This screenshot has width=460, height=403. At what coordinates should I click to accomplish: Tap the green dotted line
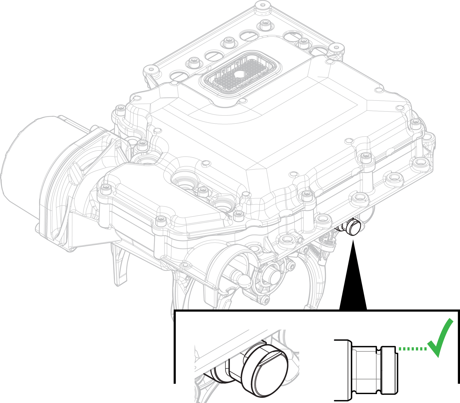(x=412, y=349)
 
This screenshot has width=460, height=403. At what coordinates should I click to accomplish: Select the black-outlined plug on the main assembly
(x=353, y=227)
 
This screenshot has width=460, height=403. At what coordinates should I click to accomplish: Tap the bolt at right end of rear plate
(x=336, y=47)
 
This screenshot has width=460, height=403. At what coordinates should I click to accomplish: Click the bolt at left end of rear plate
(x=150, y=69)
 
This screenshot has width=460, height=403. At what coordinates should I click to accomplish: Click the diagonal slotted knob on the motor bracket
(x=76, y=173)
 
